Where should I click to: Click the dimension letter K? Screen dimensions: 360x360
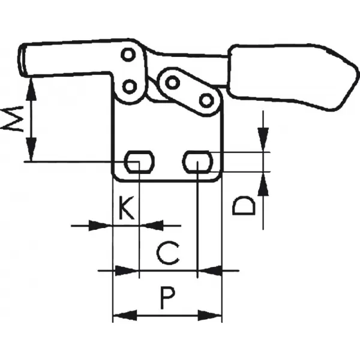pos(127,208)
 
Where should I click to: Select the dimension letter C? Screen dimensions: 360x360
pos(168,253)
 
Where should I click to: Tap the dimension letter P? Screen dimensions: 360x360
pos(168,298)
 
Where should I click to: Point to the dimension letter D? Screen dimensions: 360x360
pos(244,205)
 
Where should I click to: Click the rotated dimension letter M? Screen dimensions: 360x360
pos(12,119)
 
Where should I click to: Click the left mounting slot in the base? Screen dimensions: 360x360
pos(139,162)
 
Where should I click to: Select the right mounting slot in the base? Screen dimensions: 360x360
pos(197,162)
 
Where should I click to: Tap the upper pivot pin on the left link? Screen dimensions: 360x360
pos(128,55)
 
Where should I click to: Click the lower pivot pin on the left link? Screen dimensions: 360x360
pos(130,87)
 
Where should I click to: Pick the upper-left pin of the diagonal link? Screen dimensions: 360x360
pos(172,82)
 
